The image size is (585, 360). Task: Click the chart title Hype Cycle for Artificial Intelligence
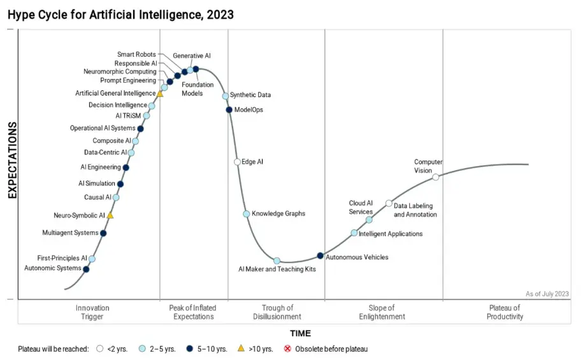pos(120,13)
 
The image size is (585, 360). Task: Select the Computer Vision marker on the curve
pos(436,177)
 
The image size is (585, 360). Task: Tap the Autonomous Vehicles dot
pos(321,256)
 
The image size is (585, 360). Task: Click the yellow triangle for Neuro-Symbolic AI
pos(110,215)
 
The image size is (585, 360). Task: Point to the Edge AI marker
pos(237,162)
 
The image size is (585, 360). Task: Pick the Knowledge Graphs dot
pos(246,214)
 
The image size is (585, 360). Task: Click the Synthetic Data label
pos(250,95)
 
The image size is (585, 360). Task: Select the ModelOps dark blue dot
pos(229,110)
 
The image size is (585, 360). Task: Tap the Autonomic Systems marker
pos(86,269)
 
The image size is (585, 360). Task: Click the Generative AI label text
pos(192,56)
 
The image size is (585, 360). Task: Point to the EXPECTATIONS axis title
pos(12,160)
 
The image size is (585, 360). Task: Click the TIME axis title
pos(300,333)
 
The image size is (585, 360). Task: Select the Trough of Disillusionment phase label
pos(277,312)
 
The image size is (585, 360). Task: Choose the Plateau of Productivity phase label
pos(505,312)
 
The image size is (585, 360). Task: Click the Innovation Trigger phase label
pos(92,312)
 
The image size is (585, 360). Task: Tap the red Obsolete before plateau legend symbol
pos(287,349)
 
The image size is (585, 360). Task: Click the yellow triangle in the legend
pos(240,349)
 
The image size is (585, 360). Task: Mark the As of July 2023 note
pos(547,294)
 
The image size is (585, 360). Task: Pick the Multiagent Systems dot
pos(103,233)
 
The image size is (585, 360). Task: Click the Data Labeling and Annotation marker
pos(389,203)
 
